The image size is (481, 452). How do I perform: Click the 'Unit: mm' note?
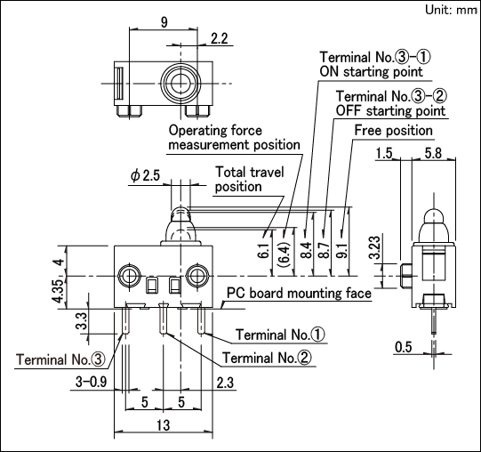[x=452, y=10]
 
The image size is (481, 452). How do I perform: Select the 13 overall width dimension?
[x=164, y=425]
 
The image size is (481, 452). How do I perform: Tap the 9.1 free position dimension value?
[x=343, y=251]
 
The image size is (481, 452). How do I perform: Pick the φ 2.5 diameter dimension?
[x=145, y=175]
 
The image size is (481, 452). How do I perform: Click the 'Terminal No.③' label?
[x=60, y=359]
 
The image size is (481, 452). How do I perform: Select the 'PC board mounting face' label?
[x=299, y=293]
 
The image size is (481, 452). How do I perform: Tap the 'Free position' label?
[x=393, y=130]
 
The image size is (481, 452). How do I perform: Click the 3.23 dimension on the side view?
[x=375, y=247]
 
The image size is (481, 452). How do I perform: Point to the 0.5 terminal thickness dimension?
[x=403, y=347]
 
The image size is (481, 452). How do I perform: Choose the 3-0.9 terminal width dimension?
[x=91, y=382]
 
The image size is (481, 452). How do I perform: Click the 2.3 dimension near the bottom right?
[x=225, y=383]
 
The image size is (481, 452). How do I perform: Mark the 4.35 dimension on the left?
[x=60, y=290]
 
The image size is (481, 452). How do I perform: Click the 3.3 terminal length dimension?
[x=82, y=321]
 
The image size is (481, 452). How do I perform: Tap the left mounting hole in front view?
[x=129, y=276]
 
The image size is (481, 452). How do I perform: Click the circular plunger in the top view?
[x=180, y=84]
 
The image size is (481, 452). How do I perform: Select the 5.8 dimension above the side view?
[x=433, y=153]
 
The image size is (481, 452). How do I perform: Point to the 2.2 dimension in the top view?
[x=220, y=38]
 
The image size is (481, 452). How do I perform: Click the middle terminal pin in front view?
[x=164, y=319]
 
